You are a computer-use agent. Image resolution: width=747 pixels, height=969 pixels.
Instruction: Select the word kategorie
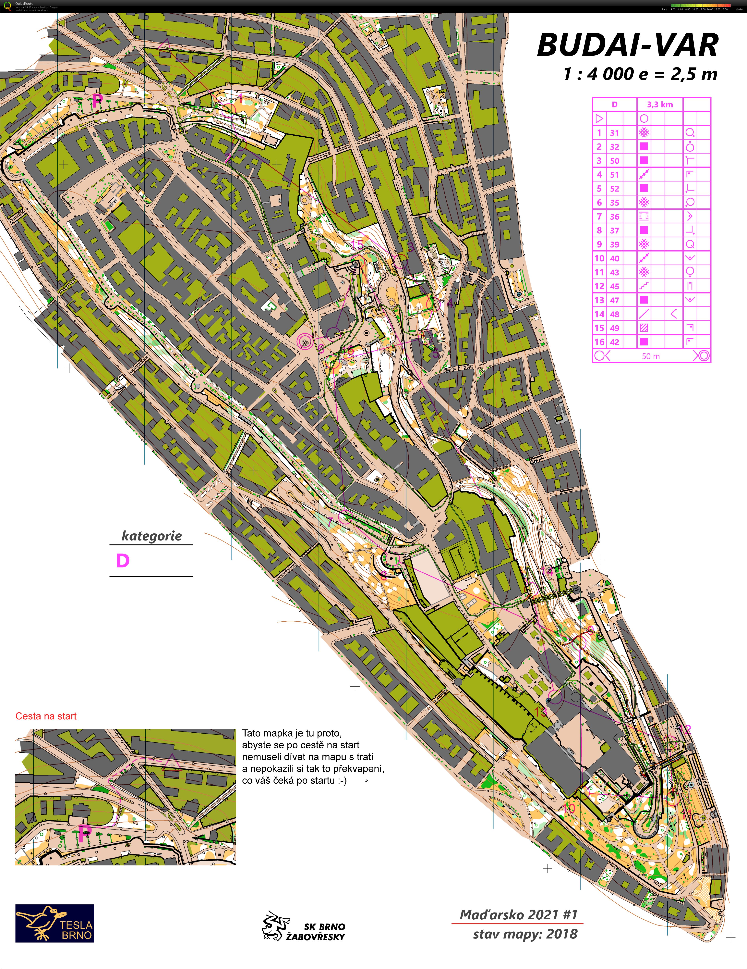(x=152, y=536)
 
